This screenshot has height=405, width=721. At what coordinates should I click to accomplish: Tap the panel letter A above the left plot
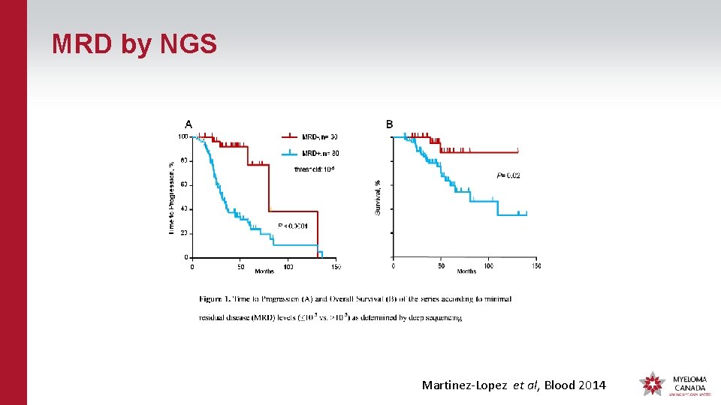pyautogui.click(x=189, y=124)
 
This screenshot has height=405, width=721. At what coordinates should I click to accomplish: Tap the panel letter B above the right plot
pyautogui.click(x=389, y=124)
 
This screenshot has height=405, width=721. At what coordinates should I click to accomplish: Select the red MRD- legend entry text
pyautogui.click(x=320, y=136)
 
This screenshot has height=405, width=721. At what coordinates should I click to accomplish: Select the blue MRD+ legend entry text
pyautogui.click(x=320, y=153)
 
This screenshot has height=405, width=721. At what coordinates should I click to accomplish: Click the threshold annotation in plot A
pyautogui.click(x=314, y=169)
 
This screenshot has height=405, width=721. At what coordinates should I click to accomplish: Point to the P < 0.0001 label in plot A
pyautogui.click(x=293, y=225)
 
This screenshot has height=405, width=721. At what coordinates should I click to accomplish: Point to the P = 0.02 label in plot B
pyautogui.click(x=508, y=175)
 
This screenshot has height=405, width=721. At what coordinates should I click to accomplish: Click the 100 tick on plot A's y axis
pyautogui.click(x=183, y=136)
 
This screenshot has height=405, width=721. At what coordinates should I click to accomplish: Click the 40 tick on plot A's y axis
pyautogui.click(x=184, y=209)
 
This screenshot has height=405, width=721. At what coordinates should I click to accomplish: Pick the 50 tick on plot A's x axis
pyautogui.click(x=240, y=267)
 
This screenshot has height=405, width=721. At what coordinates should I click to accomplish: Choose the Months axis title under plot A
pyautogui.click(x=264, y=271)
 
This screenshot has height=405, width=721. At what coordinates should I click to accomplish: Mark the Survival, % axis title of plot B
pyautogui.click(x=378, y=197)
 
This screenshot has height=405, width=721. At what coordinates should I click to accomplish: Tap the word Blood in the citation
pyautogui.click(x=560, y=385)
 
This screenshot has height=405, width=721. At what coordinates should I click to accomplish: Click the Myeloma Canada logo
pyautogui.click(x=673, y=383)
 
